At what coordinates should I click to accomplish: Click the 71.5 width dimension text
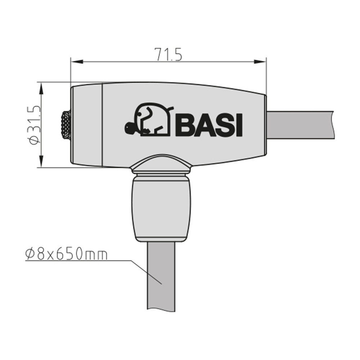tap(168, 55)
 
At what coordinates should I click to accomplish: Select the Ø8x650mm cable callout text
tap(66, 254)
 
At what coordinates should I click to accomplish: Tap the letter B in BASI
tap(185, 125)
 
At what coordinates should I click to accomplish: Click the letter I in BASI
tap(239, 125)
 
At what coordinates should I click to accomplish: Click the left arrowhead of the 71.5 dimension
tap(77, 62)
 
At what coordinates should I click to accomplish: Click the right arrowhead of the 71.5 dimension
tap(260, 62)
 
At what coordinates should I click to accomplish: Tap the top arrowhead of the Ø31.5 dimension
tap(41, 89)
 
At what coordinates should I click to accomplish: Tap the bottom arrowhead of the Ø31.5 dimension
tap(41, 161)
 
